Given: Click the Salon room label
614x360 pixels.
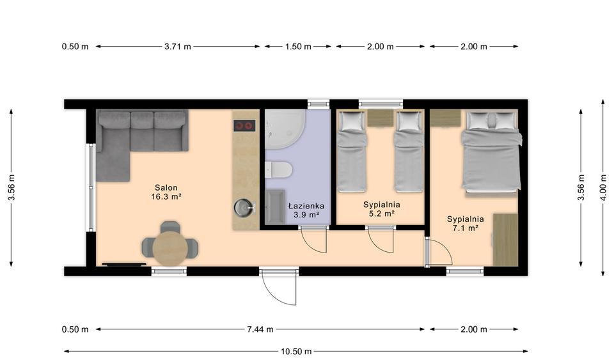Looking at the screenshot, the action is pos(166,188).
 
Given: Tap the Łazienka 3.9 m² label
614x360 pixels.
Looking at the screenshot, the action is pos(306,210).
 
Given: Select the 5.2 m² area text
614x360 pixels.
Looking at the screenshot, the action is pos(381,214).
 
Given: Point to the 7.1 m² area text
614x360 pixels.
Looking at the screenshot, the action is pos(465,228).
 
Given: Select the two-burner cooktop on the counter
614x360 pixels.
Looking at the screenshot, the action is pos(245,125).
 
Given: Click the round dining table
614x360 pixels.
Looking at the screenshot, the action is pos(170,248).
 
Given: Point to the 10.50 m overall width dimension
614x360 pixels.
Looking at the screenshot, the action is pos(296,352).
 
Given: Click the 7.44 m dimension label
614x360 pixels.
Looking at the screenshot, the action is pos(260,329).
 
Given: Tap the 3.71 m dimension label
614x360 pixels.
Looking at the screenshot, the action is pos(177,47).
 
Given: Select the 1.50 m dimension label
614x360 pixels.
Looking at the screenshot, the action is pos(298,47).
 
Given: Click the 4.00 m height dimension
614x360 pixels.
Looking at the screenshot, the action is pos(603,188).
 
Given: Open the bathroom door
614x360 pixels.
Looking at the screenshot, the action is pos(313,240).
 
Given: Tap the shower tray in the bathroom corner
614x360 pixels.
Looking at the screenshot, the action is pos(285,129).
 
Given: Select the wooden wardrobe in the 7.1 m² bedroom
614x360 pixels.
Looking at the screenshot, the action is pos(505,240).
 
